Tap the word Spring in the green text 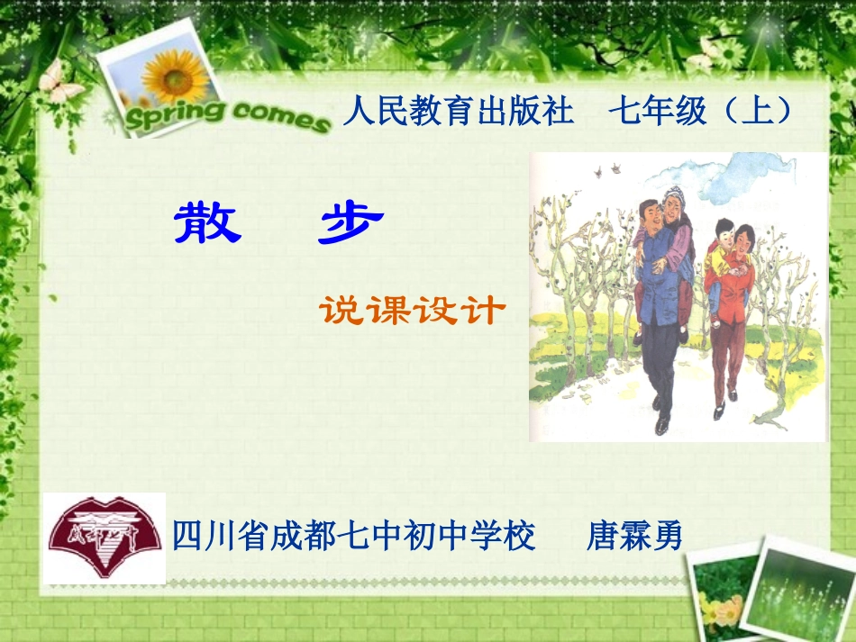click(168, 114)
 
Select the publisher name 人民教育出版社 click(459, 112)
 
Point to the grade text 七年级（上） click(702, 112)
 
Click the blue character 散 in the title click(208, 223)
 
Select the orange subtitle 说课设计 click(411, 311)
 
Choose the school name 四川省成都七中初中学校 click(354, 537)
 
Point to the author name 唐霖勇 click(635, 537)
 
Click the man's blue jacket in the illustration click(658, 288)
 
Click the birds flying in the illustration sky click(606, 168)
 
